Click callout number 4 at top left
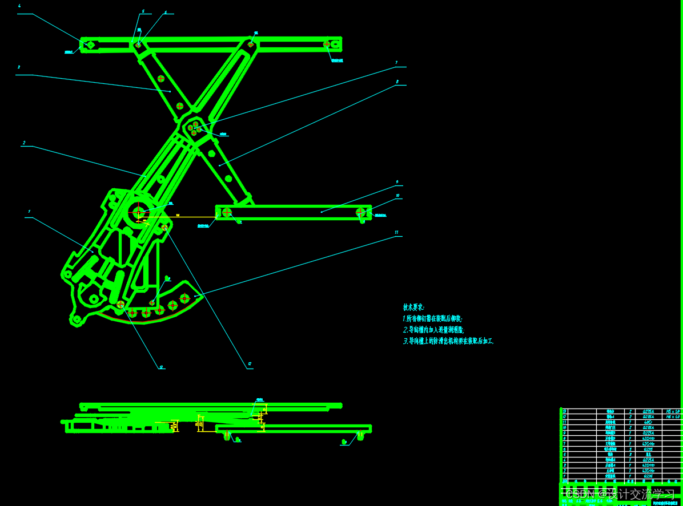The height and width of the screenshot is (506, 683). [19, 6]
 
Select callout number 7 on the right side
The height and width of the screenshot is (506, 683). [396, 62]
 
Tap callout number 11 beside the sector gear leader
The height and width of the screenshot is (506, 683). [396, 232]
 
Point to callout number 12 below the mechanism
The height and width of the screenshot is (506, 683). [250, 363]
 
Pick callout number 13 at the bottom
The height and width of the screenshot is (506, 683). [162, 367]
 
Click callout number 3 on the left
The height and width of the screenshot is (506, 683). [19, 67]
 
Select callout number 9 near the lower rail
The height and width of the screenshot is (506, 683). [397, 183]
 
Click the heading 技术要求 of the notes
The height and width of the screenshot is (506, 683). [413, 307]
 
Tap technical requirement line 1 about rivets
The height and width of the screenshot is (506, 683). [432, 319]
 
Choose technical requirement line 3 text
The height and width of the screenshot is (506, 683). [448, 341]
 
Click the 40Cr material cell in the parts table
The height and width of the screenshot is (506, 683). [648, 422]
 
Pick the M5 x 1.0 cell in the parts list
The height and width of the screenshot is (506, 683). [672, 411]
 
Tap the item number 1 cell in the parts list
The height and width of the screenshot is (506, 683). [565, 476]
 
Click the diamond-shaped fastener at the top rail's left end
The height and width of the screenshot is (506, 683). [90, 44]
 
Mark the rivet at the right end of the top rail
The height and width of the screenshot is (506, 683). [328, 44]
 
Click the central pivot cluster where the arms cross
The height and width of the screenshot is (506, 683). [195, 128]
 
